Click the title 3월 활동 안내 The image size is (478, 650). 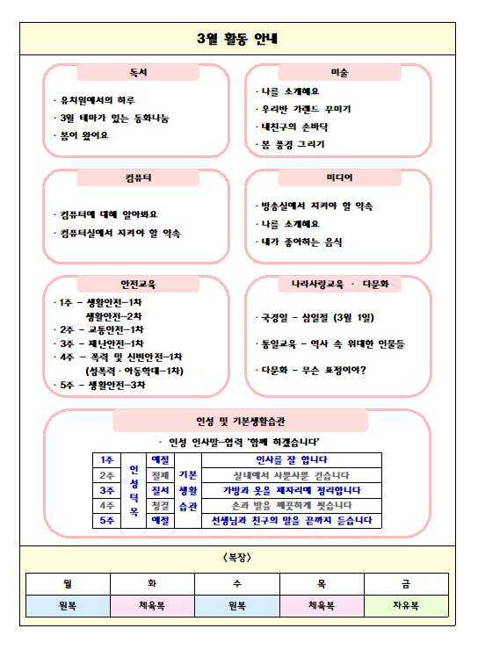click(238, 39)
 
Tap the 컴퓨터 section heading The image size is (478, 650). click(138, 177)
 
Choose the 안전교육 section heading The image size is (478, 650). click(138, 284)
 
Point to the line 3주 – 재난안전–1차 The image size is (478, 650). click(100, 343)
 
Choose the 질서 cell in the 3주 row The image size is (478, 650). click(160, 490)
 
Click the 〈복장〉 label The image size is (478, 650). click(238, 557)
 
